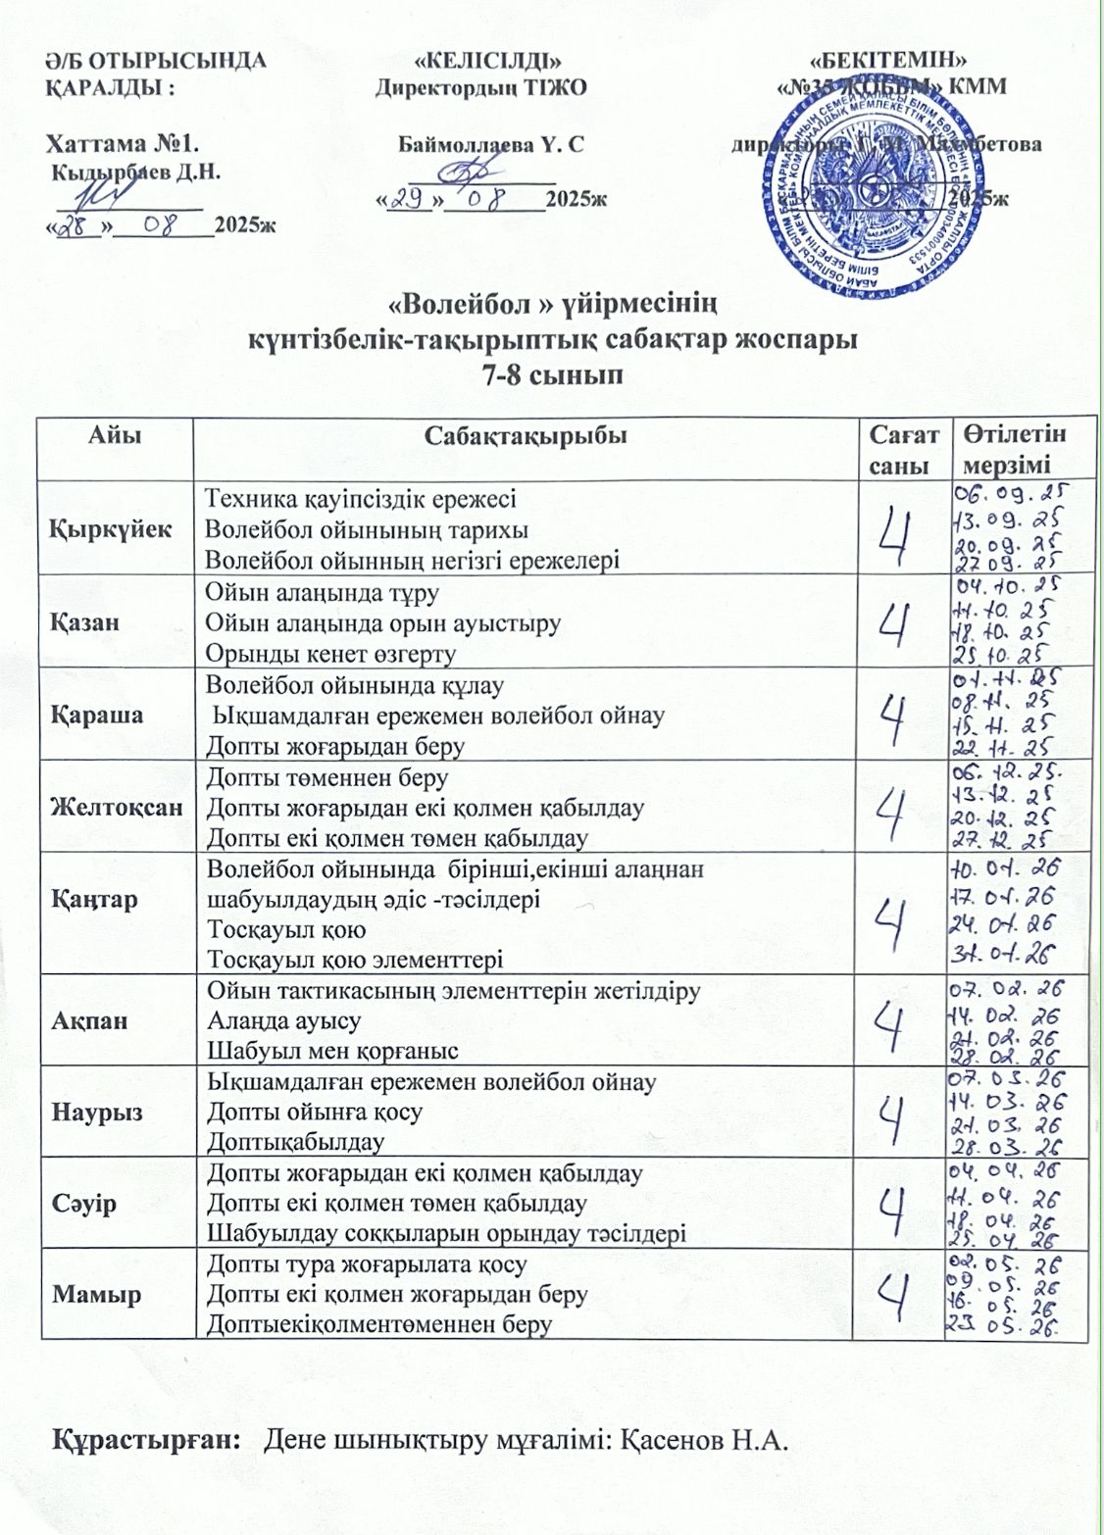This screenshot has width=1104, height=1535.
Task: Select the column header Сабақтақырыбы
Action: (x=525, y=435)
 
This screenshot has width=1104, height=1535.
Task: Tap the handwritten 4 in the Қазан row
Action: (x=897, y=623)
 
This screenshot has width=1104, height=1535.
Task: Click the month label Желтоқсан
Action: (x=117, y=808)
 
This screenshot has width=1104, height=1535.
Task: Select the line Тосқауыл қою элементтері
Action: (x=355, y=959)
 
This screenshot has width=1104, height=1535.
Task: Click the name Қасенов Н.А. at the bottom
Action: (x=706, y=1441)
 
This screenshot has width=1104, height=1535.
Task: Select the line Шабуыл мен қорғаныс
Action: (x=332, y=1051)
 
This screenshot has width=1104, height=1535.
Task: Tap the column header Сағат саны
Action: (x=903, y=449)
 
